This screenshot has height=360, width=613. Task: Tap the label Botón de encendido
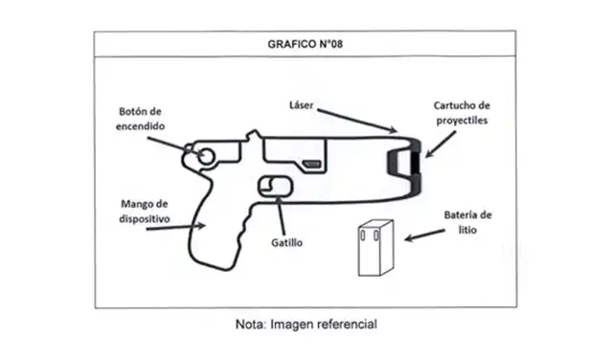(141, 118)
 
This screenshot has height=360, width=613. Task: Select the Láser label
(303, 102)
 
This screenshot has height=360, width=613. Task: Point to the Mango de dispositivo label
(145, 211)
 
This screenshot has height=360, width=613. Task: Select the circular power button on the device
(205, 157)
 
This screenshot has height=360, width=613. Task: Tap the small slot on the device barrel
(313, 164)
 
